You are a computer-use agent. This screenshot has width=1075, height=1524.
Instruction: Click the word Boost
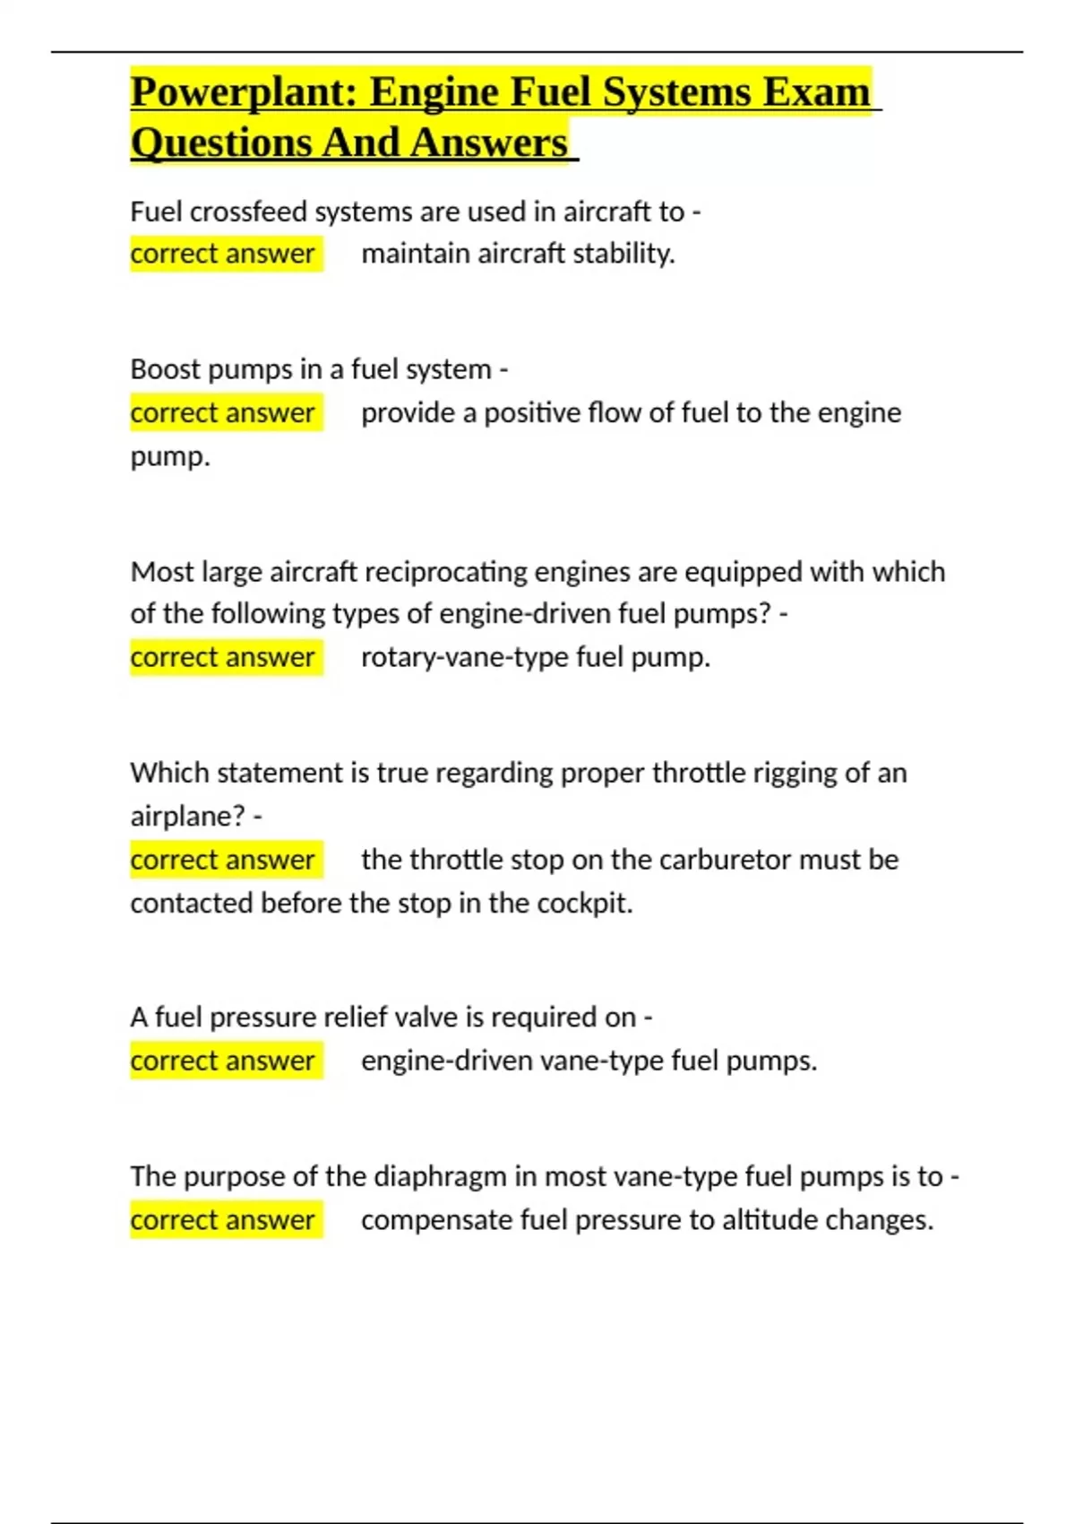[165, 369]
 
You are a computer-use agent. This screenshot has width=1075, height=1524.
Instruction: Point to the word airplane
[186, 816]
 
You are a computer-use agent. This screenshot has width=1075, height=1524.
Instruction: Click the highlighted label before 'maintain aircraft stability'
[223, 254]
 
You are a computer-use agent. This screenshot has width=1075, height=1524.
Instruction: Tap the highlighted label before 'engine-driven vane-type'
[223, 1061]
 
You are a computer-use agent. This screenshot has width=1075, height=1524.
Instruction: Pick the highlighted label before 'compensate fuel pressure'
[223, 1220]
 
